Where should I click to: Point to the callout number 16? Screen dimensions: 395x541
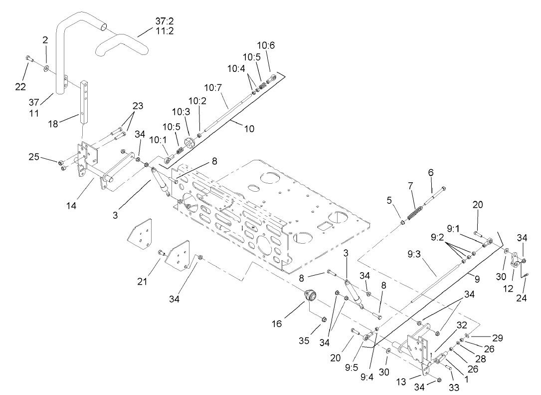tap(277, 324)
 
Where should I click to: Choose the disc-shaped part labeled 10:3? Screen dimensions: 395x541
tap(190, 142)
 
